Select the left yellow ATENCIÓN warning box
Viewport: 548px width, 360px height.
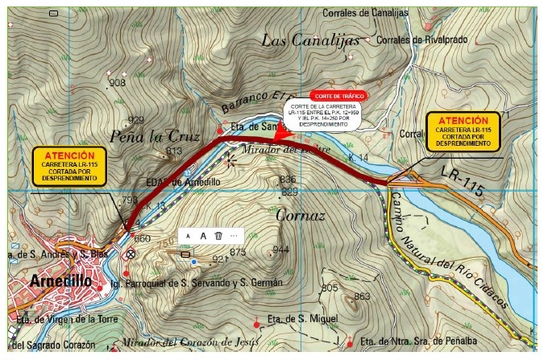(69, 165)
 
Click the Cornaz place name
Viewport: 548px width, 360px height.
(300, 216)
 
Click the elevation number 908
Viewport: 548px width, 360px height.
(117, 83)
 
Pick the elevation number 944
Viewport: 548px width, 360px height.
(280, 250)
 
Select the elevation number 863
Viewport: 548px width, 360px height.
(361, 296)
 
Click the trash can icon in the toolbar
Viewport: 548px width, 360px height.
(218, 235)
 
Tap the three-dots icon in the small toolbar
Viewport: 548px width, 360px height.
(235, 235)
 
